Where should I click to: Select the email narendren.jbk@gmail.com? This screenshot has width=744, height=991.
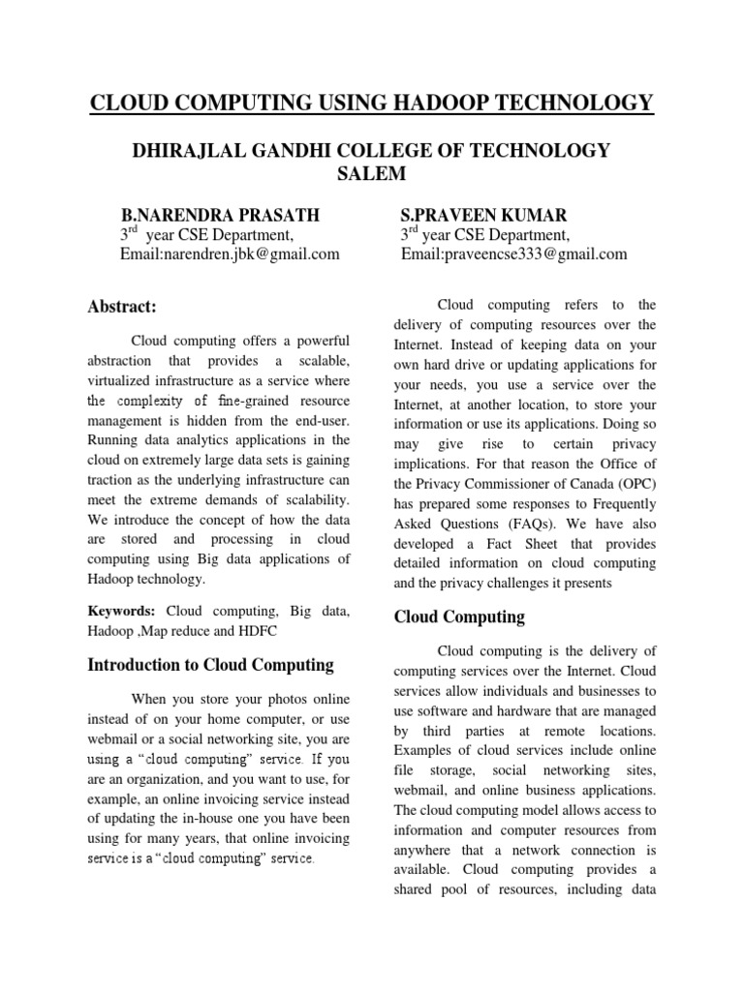245,255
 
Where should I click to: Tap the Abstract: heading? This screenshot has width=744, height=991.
122,307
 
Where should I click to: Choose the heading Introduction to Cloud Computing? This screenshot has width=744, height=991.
210,665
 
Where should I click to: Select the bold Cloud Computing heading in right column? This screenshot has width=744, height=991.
459,616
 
